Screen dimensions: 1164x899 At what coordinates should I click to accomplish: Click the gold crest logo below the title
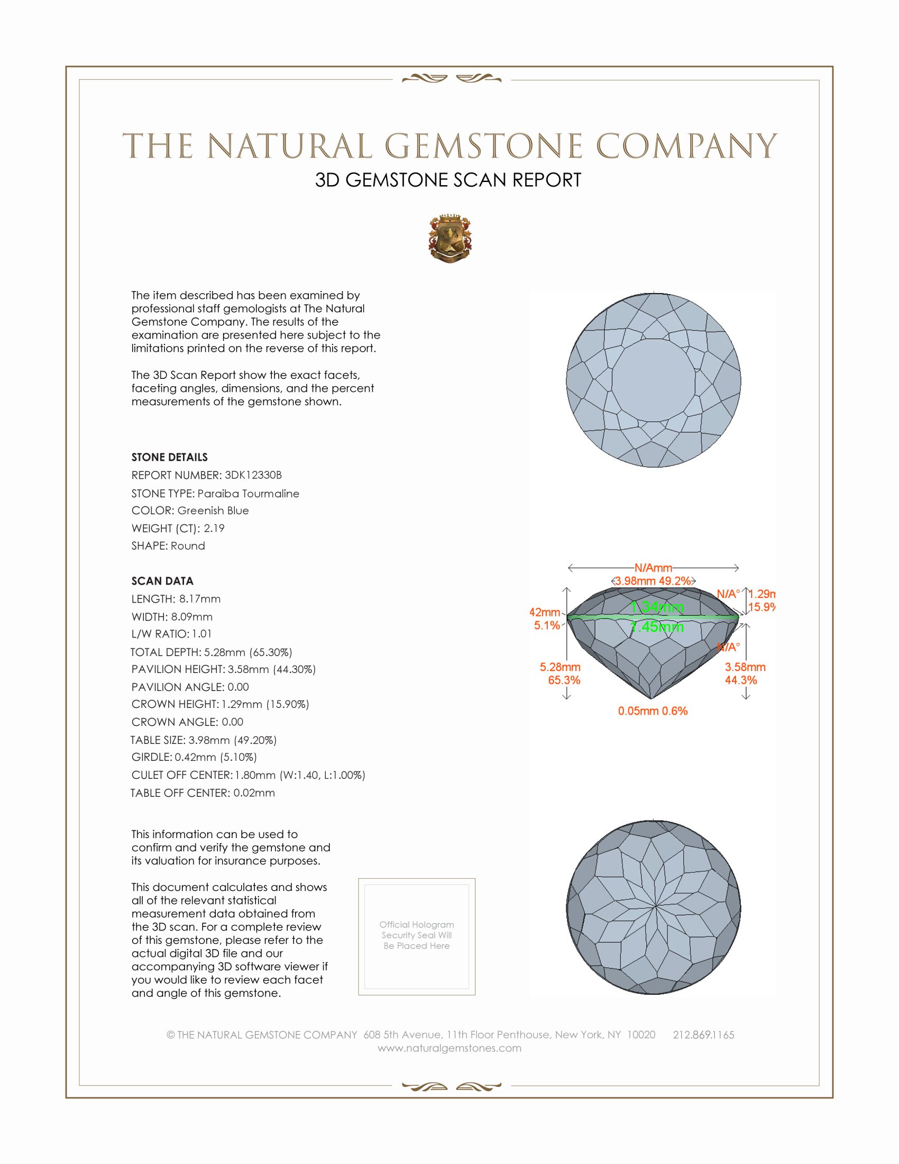pos(450,238)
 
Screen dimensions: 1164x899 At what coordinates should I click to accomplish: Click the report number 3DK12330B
pos(253,475)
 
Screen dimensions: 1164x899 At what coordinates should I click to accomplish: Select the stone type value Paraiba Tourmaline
pos(248,494)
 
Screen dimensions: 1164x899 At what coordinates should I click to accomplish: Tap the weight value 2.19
pos(214,528)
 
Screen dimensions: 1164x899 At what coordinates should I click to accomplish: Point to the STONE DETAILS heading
pos(169,457)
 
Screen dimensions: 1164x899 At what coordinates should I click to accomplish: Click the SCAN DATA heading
pos(162,581)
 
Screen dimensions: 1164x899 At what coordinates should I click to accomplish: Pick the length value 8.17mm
pos(200,599)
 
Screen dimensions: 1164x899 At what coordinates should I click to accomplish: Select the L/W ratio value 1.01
pos(202,634)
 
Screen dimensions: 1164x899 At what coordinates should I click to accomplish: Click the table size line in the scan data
pos(204,740)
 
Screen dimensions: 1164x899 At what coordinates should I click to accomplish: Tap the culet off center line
pos(248,775)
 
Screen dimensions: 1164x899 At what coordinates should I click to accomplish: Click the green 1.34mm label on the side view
pos(657,607)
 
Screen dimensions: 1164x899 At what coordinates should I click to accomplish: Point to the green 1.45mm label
pos(657,627)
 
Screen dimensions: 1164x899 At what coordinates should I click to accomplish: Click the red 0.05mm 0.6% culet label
pos(653,711)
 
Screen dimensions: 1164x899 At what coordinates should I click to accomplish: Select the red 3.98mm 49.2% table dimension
pos(653,581)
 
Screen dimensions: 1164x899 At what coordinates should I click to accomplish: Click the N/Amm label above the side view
pos(653,568)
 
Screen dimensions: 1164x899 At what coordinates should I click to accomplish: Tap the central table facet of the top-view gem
pos(654,380)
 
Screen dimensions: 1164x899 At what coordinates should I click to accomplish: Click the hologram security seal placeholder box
pos(417,936)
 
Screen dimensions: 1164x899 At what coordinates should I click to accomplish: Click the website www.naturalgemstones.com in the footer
pos(449,1048)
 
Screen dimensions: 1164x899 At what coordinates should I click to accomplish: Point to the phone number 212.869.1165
pos(703,1034)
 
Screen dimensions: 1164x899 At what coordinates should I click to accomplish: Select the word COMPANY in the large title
pos(686,146)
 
